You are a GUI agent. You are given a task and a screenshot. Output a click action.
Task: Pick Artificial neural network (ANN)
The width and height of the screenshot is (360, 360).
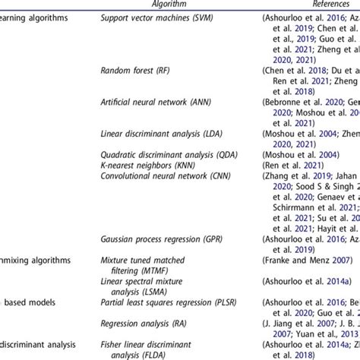(158, 100)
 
